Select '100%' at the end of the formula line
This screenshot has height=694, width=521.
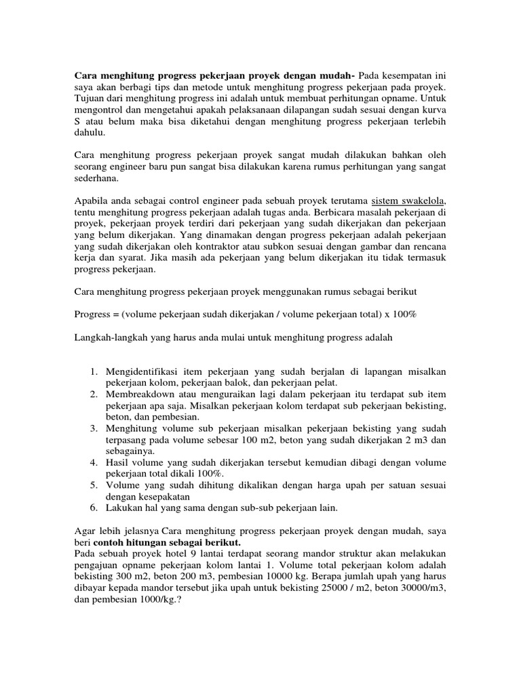402,315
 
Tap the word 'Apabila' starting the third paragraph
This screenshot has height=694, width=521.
91,201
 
